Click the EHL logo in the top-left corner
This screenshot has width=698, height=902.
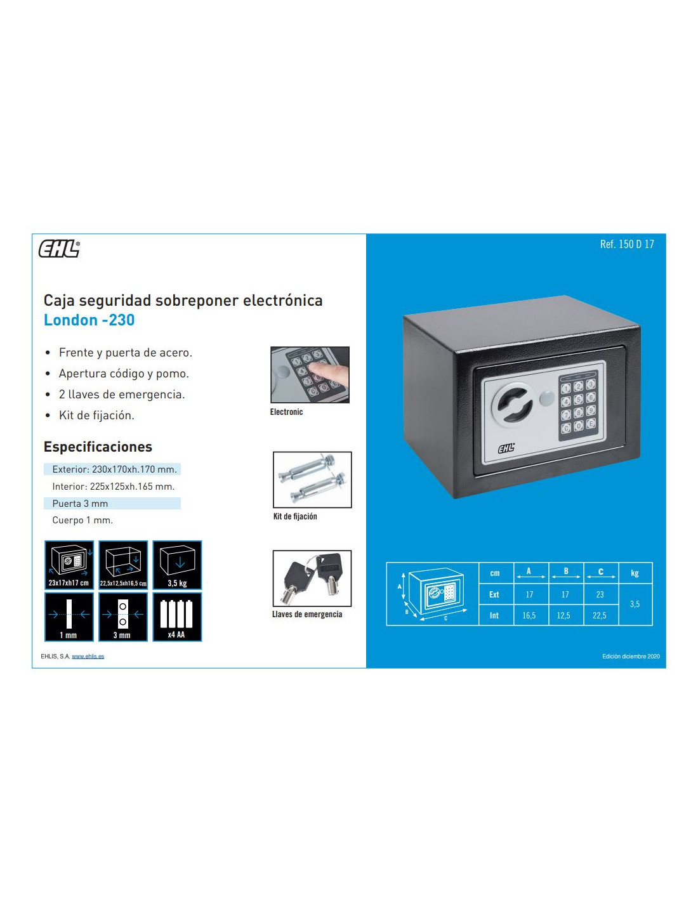[59, 249]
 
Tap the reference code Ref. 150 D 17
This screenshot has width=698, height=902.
[626, 244]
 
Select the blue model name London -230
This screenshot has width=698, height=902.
[89, 320]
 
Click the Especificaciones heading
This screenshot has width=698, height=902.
[98, 447]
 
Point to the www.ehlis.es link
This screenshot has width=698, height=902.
[88, 657]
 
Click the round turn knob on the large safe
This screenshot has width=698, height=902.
[513, 405]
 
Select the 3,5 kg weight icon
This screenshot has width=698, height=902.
[177, 565]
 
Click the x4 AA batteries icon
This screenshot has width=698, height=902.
[177, 617]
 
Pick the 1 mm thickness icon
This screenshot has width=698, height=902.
[69, 617]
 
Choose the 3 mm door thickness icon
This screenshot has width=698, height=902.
[123, 617]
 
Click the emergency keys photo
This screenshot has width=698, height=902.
[312, 578]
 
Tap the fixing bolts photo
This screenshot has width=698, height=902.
[312, 480]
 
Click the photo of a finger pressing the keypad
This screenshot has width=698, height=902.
[310, 375]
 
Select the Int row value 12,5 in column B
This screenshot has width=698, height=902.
[563, 615]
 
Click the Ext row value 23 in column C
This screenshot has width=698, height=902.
[600, 594]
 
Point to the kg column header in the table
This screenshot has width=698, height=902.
[635, 573]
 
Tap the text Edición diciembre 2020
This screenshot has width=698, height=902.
[631, 657]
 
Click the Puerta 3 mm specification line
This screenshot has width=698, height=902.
[80, 504]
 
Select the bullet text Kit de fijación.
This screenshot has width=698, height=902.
[96, 415]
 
